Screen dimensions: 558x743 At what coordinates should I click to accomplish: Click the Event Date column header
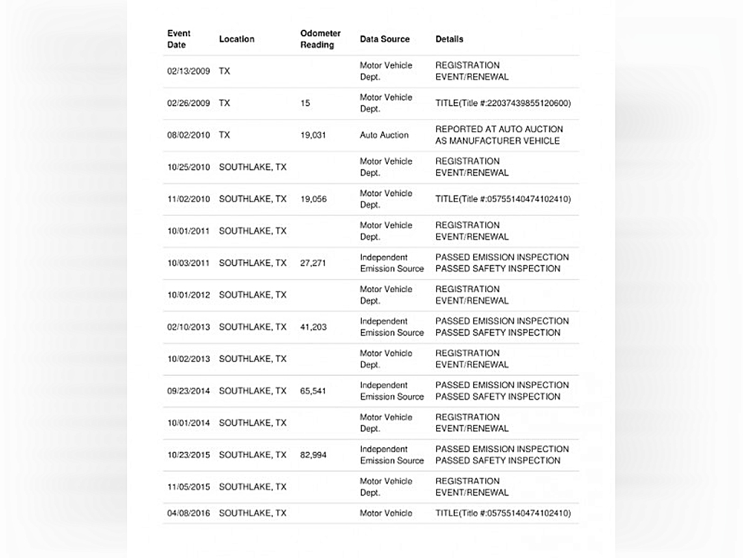tap(179, 39)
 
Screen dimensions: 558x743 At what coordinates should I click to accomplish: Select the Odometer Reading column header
tap(320, 39)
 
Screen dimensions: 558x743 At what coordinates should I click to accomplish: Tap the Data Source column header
tap(385, 39)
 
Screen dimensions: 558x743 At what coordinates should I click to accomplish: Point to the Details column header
tap(450, 39)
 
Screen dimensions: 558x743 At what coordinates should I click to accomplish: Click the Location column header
tap(236, 39)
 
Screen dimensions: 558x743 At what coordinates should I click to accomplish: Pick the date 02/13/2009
tap(189, 71)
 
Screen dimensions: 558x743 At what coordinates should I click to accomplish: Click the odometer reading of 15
tap(305, 103)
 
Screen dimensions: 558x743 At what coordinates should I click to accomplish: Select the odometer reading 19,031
tap(313, 135)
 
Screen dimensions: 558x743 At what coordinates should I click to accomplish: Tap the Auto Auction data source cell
tap(384, 135)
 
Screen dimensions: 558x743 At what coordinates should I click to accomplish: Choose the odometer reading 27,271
tap(313, 263)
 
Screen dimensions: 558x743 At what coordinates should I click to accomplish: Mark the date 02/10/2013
tap(189, 327)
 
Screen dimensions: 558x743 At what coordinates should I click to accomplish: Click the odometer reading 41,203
tap(313, 327)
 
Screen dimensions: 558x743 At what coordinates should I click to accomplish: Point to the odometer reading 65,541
tap(313, 391)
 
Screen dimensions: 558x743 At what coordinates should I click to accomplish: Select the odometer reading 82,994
tap(313, 455)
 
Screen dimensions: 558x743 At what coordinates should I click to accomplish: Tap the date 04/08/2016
tap(189, 513)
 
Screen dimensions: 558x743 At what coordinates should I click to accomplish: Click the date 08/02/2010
tap(189, 135)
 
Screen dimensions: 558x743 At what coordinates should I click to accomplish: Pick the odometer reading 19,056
tap(313, 199)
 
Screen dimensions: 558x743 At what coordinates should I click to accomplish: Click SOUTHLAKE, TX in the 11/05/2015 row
tap(253, 487)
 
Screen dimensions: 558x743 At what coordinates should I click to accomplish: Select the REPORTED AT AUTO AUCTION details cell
tap(499, 135)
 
